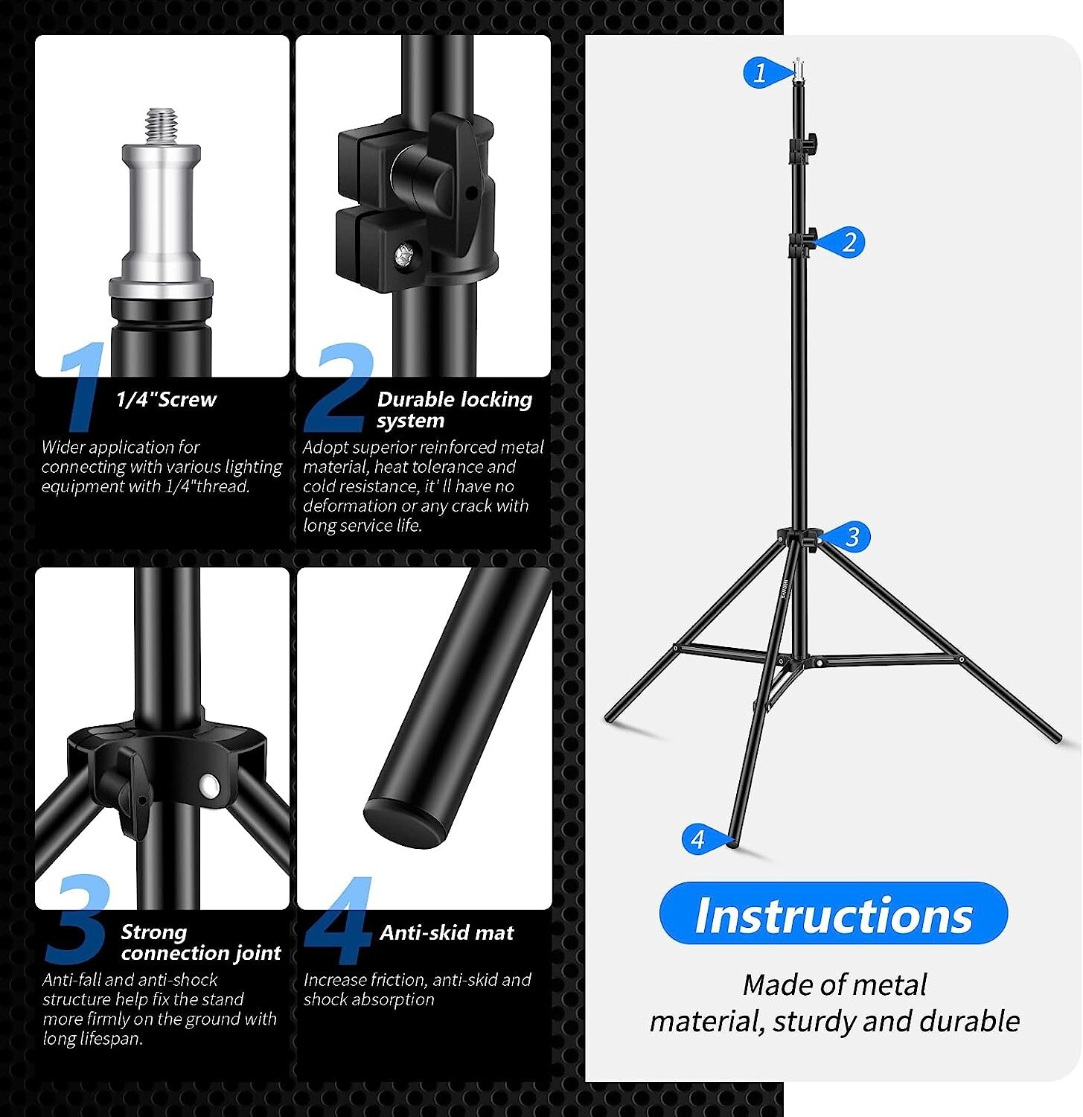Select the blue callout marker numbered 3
point(851,536)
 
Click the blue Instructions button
point(833,914)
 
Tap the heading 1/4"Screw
point(166,400)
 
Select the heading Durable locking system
point(454,410)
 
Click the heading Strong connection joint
point(200,942)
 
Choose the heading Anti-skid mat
point(447,932)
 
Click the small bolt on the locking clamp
point(405,255)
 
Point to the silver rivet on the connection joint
point(209,785)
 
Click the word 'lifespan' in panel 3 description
point(112,1038)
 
